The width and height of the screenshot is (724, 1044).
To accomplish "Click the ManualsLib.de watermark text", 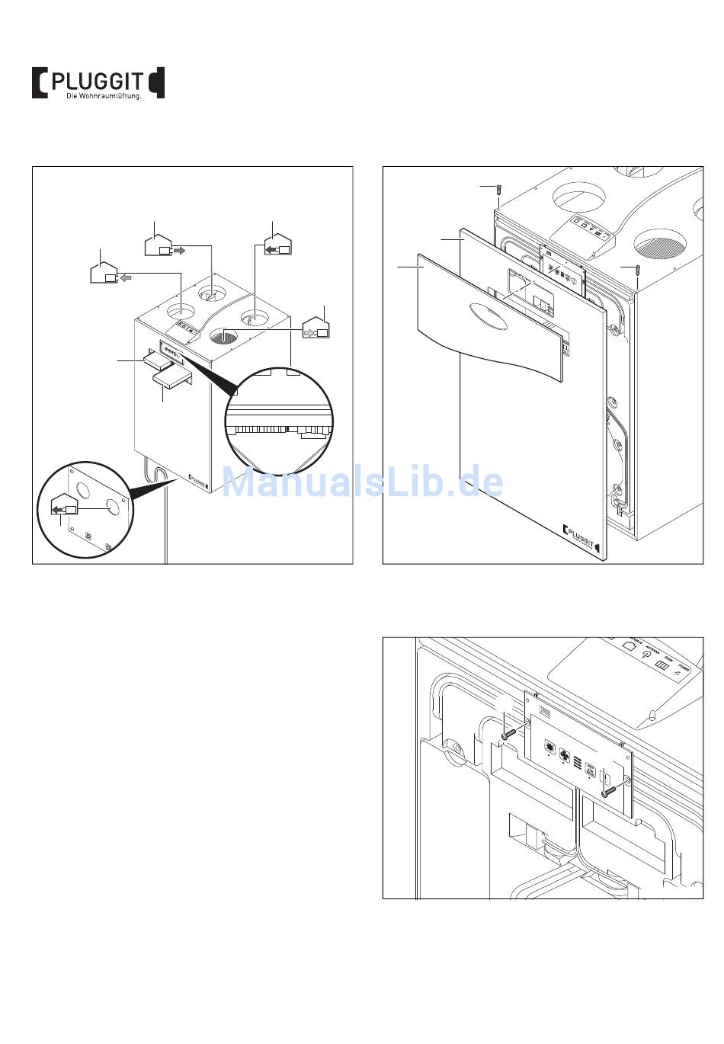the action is (362, 482).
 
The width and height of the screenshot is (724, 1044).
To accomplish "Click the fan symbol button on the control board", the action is (565, 754).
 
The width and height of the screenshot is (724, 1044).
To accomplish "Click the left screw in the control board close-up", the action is (510, 735).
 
